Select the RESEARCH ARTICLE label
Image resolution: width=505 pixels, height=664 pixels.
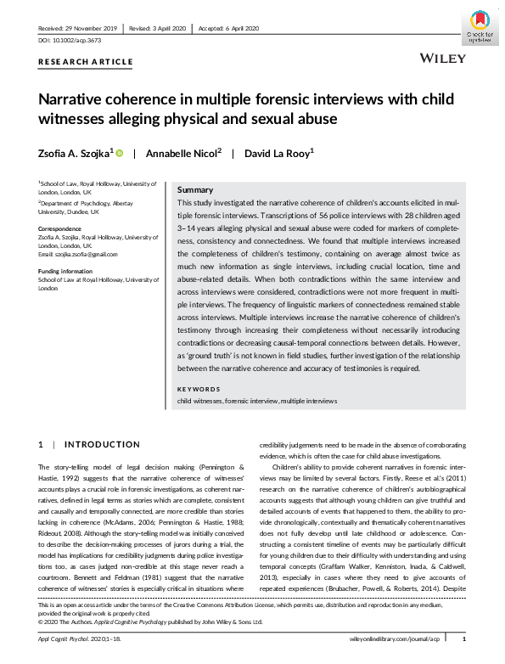coord(87,62)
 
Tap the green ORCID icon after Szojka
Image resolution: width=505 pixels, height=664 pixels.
coord(120,153)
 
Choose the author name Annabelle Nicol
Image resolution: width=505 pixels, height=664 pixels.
coord(183,153)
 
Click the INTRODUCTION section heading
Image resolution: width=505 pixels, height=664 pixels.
coord(103,444)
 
